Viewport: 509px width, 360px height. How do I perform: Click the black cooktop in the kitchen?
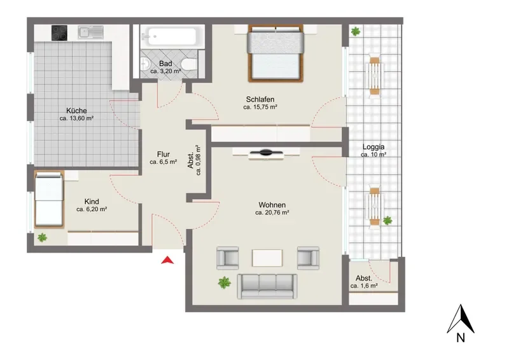59,33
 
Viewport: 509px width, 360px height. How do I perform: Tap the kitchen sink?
90,32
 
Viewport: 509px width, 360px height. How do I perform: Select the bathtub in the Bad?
171,36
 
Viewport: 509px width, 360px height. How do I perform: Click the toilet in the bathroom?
189,64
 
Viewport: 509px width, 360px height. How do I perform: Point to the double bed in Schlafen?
275,53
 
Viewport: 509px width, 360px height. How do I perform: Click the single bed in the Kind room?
49,199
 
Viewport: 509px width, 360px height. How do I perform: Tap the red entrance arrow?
167,260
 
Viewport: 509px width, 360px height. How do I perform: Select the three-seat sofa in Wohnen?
267,287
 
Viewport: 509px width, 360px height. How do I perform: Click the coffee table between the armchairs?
267,258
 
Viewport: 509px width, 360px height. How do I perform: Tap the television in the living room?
266,152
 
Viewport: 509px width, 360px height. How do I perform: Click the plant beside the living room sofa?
225,282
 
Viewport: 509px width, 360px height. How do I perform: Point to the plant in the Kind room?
42,238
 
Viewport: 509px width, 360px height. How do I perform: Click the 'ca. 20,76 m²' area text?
272,212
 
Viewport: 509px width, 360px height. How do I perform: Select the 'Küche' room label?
76,111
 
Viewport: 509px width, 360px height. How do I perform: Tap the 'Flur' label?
164,154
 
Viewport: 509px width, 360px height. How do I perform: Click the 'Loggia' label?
373,147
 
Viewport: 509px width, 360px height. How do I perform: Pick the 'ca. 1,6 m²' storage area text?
364,286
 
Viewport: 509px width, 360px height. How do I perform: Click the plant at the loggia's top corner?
356,32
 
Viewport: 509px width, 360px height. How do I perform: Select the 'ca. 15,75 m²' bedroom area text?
260,107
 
